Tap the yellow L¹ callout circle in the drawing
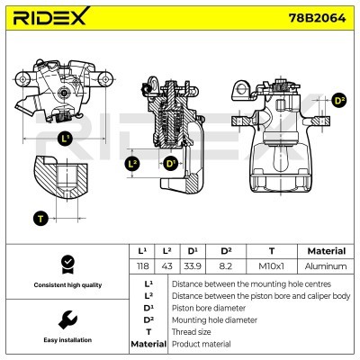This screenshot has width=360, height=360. coord(65,139)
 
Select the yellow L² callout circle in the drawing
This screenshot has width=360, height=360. coord(133,164)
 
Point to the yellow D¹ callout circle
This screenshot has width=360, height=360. coord(170,164)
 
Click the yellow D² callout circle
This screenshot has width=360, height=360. coord(339,100)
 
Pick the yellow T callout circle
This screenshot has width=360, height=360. coord(40,218)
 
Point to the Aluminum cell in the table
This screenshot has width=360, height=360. coord(326,266)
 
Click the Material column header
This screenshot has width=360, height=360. coord(326,251)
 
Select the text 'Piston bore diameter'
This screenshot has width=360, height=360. coord(207,307)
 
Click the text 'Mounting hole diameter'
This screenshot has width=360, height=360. coord(211,319)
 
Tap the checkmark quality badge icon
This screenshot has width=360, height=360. coord(66,264)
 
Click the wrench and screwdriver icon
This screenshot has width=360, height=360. coord(66,319)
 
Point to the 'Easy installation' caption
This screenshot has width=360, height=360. coord(66,340)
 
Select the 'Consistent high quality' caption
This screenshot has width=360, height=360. coord(66,285)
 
